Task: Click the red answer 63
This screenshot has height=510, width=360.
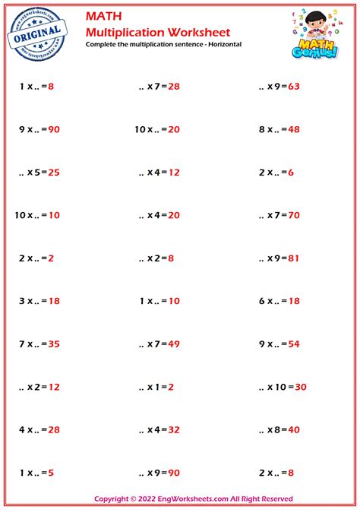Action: pos(294,86)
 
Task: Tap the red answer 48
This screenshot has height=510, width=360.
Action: pos(294,129)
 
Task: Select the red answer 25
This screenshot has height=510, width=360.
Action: pos(53,173)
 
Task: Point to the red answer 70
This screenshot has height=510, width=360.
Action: pos(294,215)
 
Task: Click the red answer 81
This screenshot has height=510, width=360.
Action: pos(294,258)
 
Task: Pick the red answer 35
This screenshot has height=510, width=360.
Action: pos(53,344)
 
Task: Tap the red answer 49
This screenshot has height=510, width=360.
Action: pos(173,344)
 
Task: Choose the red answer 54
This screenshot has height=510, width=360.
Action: pos(294,344)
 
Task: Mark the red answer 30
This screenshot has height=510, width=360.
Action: pos(300,388)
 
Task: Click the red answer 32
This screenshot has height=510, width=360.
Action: pos(173,430)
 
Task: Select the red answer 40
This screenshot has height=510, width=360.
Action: pos(294,430)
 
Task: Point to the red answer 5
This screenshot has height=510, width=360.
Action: pos(50,474)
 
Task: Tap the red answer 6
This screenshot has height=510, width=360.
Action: pos(290,173)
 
